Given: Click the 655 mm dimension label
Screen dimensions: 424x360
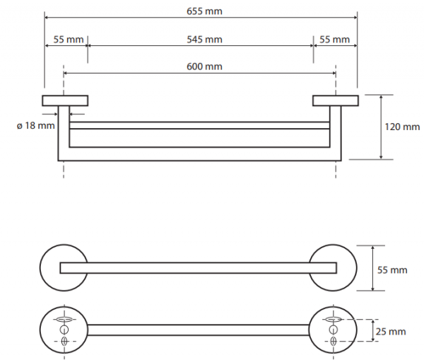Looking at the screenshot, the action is tap(204, 11).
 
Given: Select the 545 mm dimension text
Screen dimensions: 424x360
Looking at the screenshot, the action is tap(204, 40).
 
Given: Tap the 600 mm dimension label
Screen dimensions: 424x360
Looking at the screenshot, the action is tap(204, 66).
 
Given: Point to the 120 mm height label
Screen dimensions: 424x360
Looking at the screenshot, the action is tap(402, 127).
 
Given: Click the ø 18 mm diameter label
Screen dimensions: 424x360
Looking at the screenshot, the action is tap(36, 126).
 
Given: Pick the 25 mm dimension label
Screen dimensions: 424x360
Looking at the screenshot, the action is tap(391, 332).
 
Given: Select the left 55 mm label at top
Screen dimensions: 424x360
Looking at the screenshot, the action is tap(69, 40).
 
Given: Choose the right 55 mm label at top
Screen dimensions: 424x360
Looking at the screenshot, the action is tap(334, 40).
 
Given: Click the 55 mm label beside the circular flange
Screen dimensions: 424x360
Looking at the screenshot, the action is tap(392, 270).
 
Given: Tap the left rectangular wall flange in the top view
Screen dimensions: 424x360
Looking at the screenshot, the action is tap(65, 100).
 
